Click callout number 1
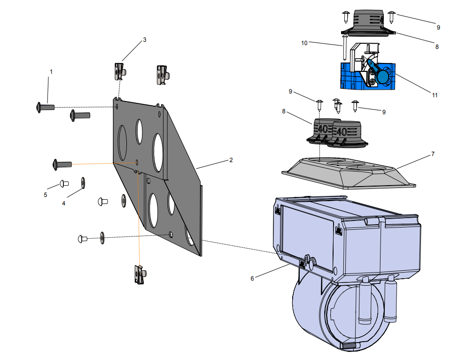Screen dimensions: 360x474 51,72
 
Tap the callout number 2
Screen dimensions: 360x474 231,160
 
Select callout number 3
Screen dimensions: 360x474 145,40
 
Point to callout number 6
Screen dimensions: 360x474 252,278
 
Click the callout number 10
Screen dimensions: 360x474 304,43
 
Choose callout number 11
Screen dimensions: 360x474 435,95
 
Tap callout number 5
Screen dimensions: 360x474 46,195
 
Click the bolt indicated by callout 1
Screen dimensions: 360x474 45,107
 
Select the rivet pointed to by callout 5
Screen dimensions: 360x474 64,183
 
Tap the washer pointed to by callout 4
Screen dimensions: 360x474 83,182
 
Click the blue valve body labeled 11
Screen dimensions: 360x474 366,75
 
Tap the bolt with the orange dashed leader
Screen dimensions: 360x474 62,164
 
